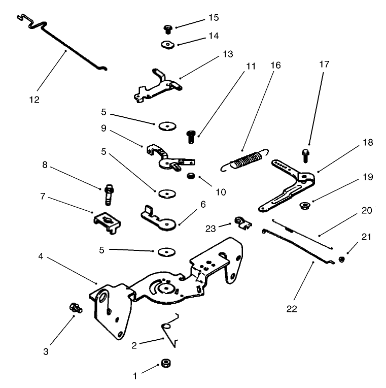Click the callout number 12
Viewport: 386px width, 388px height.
tap(34, 100)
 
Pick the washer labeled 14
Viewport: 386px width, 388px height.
tap(166, 45)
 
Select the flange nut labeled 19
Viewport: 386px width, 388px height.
tap(306, 206)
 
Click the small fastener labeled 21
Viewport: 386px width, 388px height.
tap(341, 260)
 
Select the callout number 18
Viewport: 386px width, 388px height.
tap(367, 143)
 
